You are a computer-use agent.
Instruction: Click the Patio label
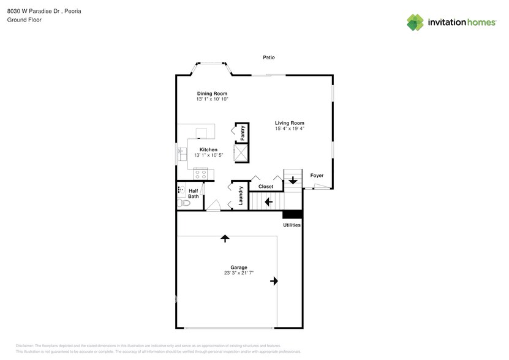point(269,57)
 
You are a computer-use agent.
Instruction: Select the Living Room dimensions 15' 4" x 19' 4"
point(289,129)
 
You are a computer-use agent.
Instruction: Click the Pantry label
point(243,132)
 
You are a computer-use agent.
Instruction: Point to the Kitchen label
point(208,150)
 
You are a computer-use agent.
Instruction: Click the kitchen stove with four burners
point(202,174)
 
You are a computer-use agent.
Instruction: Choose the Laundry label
point(241,195)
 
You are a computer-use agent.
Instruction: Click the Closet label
point(266,186)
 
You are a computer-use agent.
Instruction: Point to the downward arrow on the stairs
point(293,180)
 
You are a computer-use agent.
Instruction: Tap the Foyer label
point(317,176)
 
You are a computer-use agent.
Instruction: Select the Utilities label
point(292,225)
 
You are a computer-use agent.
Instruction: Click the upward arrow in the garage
point(225,238)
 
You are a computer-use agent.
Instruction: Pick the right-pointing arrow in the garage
point(274,281)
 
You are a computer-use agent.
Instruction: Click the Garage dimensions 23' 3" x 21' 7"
point(239,273)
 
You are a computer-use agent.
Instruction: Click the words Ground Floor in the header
point(21,20)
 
